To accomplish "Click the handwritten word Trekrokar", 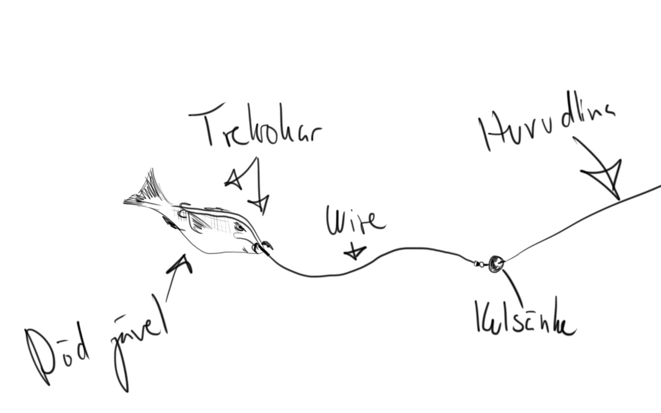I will pyautogui.click(x=256, y=128).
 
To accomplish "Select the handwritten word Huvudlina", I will pyautogui.click(x=547, y=126).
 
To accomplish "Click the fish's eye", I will pyautogui.click(x=239, y=227).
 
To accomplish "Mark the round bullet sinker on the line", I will pyautogui.click(x=495, y=263).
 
